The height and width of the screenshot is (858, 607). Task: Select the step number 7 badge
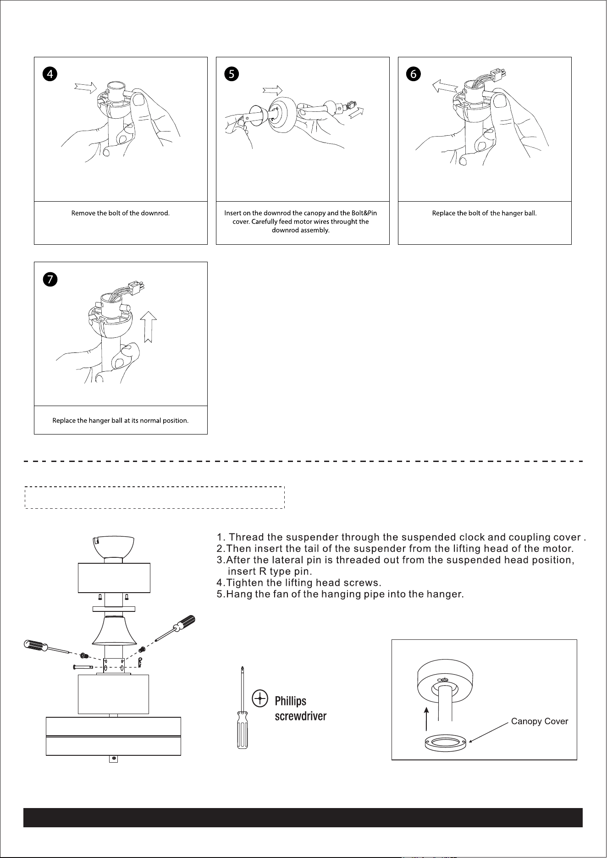click(x=51, y=279)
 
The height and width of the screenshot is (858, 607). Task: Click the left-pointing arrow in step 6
click(x=445, y=85)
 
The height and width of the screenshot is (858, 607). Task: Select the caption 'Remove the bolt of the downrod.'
click(x=121, y=214)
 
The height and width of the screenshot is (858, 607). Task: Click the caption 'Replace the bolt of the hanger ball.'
click(x=485, y=214)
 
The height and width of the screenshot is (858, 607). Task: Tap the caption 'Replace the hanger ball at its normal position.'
click(x=121, y=421)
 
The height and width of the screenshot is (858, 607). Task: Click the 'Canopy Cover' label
click(x=540, y=721)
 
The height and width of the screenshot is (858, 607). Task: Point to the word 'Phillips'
click(x=290, y=701)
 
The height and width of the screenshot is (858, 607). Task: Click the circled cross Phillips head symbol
click(x=260, y=698)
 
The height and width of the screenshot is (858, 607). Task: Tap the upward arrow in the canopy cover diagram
click(x=427, y=719)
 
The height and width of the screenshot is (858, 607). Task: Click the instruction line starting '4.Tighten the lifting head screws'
click(x=299, y=583)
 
